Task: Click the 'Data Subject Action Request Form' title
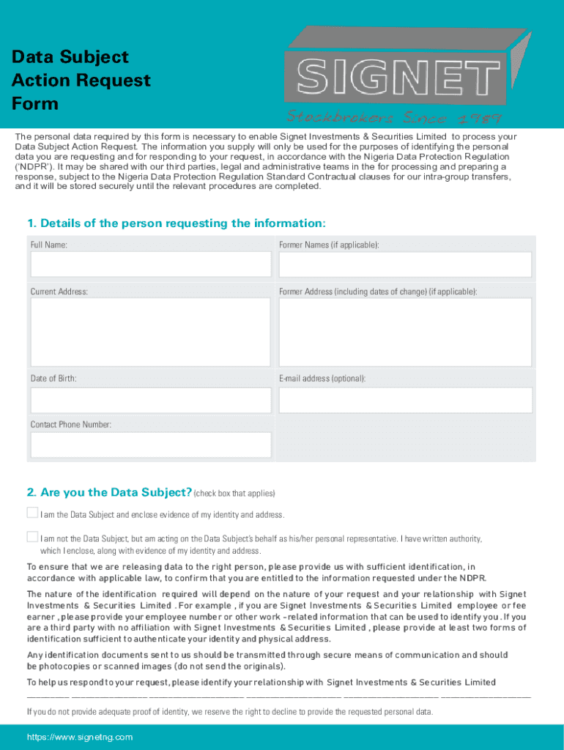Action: click(x=81, y=80)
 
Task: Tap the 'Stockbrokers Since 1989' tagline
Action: click(x=393, y=117)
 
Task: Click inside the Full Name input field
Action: click(x=150, y=264)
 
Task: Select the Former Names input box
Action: click(x=405, y=264)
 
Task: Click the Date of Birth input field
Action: click(x=150, y=400)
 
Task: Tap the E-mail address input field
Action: click(x=405, y=400)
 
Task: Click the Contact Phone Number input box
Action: click(x=150, y=445)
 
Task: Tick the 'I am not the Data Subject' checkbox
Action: click(x=32, y=536)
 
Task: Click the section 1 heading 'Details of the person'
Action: click(x=176, y=223)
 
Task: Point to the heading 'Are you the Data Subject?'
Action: click(x=109, y=491)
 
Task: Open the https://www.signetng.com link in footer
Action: click(x=80, y=737)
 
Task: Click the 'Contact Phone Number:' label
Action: click(x=71, y=425)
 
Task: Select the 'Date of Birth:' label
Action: click(x=53, y=379)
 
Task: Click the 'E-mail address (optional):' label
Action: click(x=322, y=379)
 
